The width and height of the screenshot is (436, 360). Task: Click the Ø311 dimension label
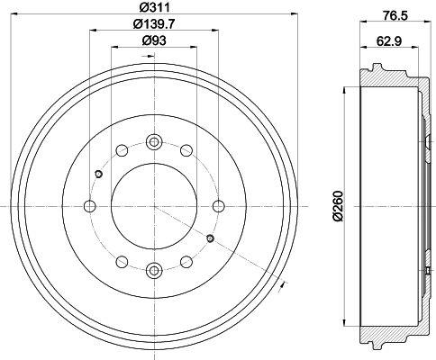pyautogui.click(x=155, y=7)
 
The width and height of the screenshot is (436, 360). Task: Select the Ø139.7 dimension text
pyautogui.click(x=154, y=23)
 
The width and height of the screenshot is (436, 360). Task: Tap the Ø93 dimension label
pyautogui.click(x=154, y=40)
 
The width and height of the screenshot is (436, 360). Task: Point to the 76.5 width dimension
pyautogui.click(x=395, y=15)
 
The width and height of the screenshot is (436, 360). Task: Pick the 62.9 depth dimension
pyautogui.click(x=389, y=41)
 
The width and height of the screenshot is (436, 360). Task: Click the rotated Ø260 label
pyautogui.click(x=338, y=206)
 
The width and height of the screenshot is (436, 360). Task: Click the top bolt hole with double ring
pyautogui.click(x=154, y=141)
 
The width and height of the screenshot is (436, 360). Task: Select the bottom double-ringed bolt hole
pyautogui.click(x=154, y=271)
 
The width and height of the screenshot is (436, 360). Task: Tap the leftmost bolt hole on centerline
pyautogui.click(x=89, y=206)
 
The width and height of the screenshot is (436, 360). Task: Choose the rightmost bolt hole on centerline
pyautogui.click(x=218, y=206)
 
